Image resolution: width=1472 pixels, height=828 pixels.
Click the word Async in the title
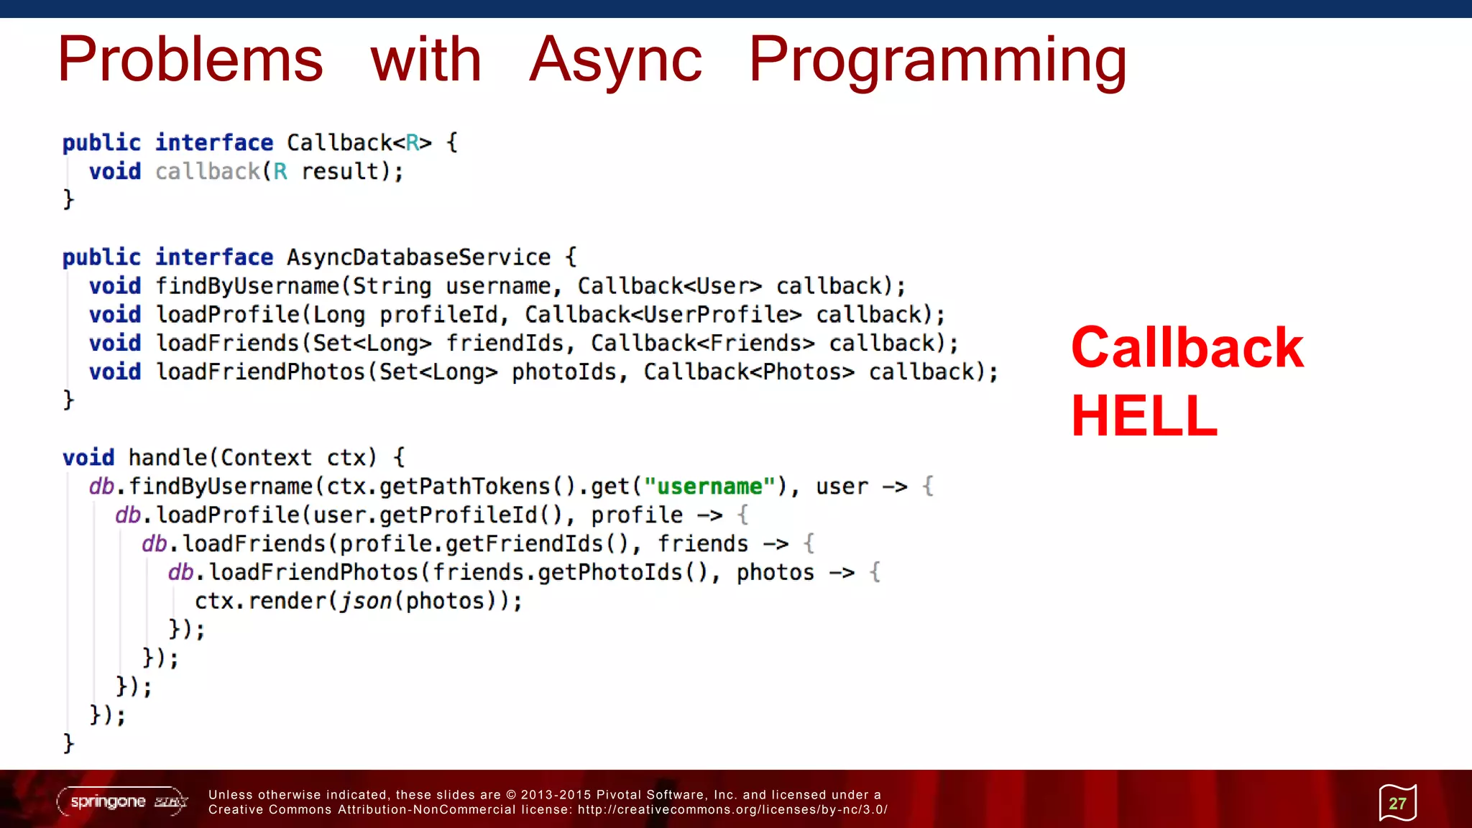[x=615, y=61]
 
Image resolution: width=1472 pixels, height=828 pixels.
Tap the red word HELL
[x=1144, y=416]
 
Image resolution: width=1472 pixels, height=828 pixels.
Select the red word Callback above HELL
[x=1187, y=348]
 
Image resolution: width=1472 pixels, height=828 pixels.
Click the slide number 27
[x=1397, y=804]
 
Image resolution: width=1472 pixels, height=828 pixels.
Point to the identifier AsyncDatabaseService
[x=418, y=257]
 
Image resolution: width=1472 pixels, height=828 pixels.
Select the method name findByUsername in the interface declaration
[x=247, y=286]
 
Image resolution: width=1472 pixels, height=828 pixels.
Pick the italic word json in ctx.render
[x=365, y=601]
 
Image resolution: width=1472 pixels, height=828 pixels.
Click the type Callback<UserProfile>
[x=663, y=315]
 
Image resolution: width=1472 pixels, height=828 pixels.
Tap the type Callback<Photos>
[x=749, y=372]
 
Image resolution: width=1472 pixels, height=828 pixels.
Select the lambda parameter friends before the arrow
[x=703, y=544]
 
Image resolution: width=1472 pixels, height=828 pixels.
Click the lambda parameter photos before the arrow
[x=775, y=573]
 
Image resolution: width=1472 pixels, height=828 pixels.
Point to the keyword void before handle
[x=88, y=458]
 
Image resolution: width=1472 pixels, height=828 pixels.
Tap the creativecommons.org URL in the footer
[x=732, y=810]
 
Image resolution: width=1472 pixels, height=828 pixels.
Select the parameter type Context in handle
[x=266, y=458]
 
